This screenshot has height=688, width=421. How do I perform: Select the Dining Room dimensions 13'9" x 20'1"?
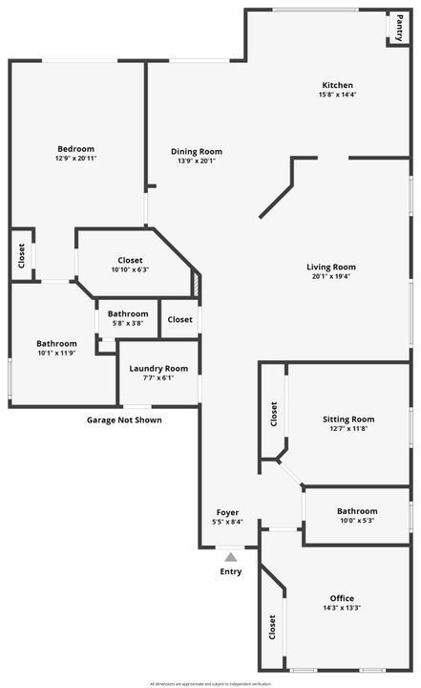[197, 161]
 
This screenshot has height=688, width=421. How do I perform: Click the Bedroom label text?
[75, 148]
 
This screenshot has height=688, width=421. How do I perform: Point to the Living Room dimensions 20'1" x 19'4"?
[331, 277]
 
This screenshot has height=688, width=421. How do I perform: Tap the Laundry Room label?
[158, 368]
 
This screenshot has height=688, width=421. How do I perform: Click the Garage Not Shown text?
[124, 419]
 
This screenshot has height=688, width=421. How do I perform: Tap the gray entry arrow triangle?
[230, 556]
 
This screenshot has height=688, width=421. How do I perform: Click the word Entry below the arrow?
[230, 571]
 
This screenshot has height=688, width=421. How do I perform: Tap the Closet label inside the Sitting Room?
[274, 413]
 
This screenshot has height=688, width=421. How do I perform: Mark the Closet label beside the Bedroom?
[21, 255]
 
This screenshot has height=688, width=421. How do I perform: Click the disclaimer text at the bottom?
[210, 683]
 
